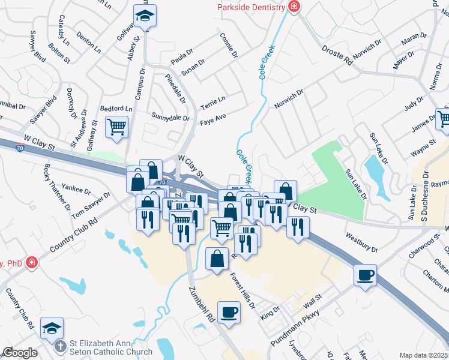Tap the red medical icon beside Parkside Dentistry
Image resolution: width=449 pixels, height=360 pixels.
[x=294, y=7]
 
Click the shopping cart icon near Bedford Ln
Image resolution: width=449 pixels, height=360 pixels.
[x=116, y=127]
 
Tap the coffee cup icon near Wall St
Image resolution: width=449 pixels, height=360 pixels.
[x=365, y=275]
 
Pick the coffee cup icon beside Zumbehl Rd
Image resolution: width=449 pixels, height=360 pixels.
[x=229, y=312]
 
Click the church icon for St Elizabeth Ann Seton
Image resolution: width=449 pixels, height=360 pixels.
[x=59, y=347]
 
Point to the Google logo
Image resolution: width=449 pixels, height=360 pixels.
[x=20, y=353]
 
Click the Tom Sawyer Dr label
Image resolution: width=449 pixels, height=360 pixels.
[x=91, y=205]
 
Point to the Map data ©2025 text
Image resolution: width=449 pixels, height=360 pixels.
[x=424, y=355]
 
